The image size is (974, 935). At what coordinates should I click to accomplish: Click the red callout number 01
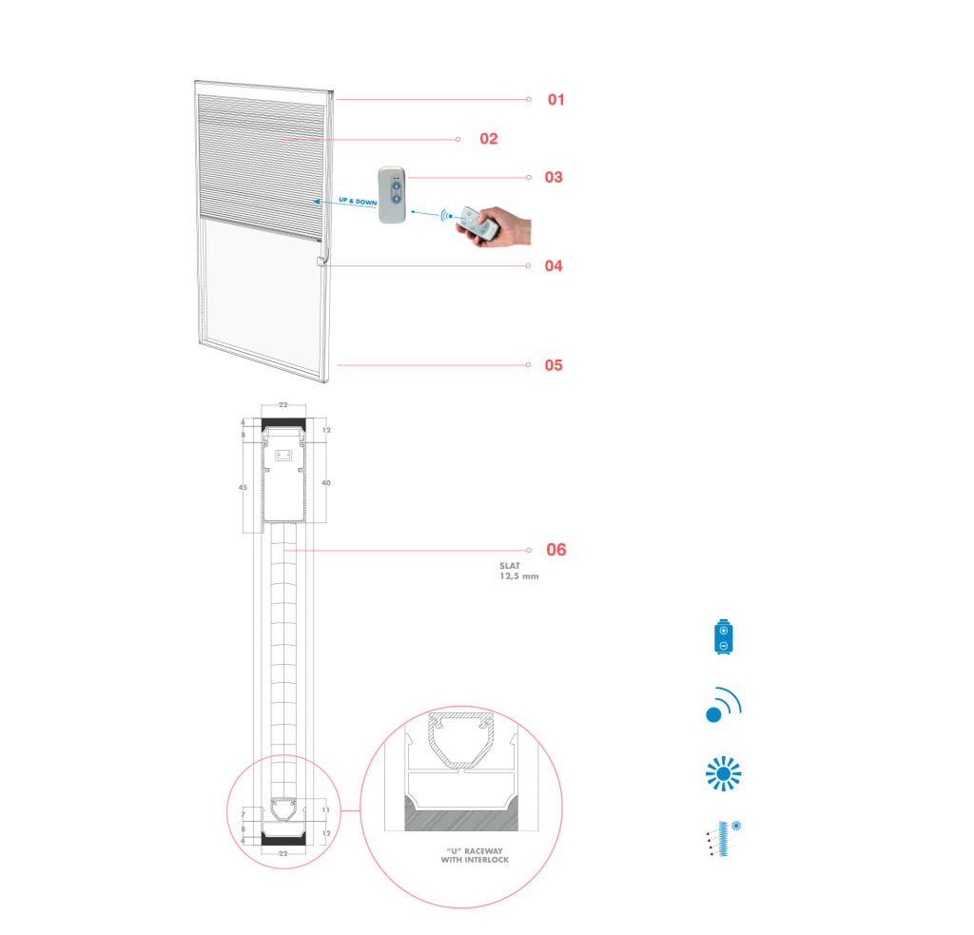point(555,99)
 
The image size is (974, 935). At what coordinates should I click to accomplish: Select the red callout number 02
point(489,139)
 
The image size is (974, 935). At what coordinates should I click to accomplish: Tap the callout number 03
point(554,177)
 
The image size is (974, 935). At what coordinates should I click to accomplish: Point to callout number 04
point(554,266)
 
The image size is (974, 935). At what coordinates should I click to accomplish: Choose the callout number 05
point(554,365)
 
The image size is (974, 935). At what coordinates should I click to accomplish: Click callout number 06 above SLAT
point(555,550)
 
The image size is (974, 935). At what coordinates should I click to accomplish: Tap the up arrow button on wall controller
point(399,186)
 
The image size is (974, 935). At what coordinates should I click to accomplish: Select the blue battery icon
point(724,637)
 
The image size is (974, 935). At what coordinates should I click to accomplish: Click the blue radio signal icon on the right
point(724,705)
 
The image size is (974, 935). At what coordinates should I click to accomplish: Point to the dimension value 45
point(243,487)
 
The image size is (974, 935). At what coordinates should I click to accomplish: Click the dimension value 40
point(326,483)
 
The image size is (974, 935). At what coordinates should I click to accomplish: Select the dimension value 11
point(326,809)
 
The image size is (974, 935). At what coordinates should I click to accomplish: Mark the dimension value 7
point(243,814)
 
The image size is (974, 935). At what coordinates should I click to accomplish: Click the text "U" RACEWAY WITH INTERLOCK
point(475,855)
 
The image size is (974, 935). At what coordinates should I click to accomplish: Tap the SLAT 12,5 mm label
point(518,571)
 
